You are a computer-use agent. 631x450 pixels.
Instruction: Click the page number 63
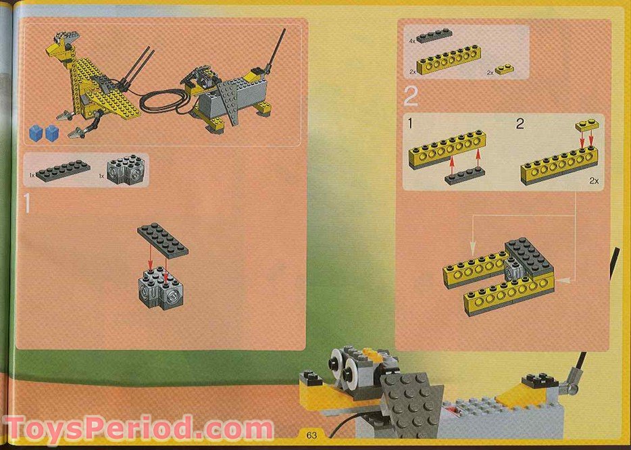pos(311,434)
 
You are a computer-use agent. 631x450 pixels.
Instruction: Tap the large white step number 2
pos(410,97)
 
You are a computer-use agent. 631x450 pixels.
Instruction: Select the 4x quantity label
pos(412,41)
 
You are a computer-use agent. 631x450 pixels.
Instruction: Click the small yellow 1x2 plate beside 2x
pos(503,69)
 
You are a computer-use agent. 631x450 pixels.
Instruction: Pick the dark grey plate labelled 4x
pos(434,37)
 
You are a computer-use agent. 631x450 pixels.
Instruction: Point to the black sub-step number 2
pos(520,123)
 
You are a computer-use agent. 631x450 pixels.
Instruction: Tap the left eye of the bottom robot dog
pos(334,364)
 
